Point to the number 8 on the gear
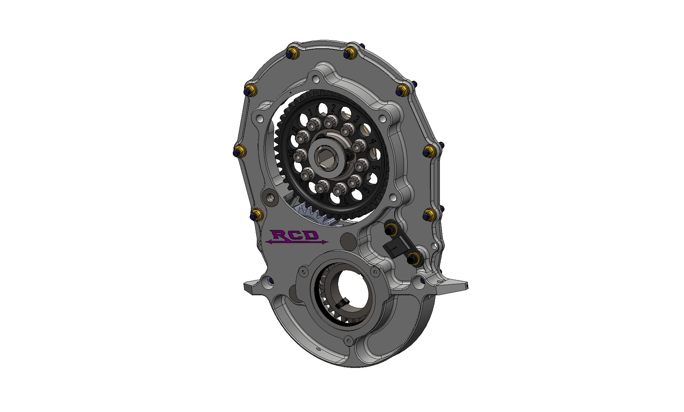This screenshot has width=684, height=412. tap(322, 198)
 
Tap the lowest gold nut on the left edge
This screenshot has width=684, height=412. tap(256, 215)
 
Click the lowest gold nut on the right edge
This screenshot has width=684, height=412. tap(429, 215)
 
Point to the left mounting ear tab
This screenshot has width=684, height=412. tap(252, 286)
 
